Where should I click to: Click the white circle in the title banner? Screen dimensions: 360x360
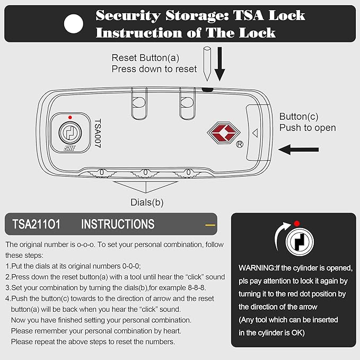[x=74, y=24]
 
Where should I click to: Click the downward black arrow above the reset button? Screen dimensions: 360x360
[x=219, y=64]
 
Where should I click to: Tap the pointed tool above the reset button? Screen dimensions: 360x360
[x=207, y=64]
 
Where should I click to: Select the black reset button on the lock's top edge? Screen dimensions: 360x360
[x=207, y=90]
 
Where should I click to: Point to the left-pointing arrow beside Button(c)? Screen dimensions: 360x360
[x=298, y=150]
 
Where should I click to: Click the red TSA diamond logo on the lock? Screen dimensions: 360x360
[x=224, y=133]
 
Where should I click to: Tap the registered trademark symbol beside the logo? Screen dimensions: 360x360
[x=240, y=144]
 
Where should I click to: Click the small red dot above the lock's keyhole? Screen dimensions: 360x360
[x=70, y=117]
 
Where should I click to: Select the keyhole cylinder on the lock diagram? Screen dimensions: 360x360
[x=70, y=133]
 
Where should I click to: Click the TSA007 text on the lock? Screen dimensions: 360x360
[x=98, y=133]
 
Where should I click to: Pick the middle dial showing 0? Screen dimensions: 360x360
[x=145, y=172]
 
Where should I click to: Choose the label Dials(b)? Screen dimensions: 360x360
[x=147, y=203]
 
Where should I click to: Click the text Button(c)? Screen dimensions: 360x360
[x=298, y=117]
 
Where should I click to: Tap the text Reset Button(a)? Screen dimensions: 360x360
[x=145, y=58]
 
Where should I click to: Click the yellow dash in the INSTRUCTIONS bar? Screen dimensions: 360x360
[x=210, y=225]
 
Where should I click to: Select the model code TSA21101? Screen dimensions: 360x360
[x=36, y=224]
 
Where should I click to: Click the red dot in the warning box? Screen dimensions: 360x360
[x=297, y=224]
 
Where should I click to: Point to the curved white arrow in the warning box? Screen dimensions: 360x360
[x=281, y=235]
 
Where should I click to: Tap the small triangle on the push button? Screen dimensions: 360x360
[x=255, y=133]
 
